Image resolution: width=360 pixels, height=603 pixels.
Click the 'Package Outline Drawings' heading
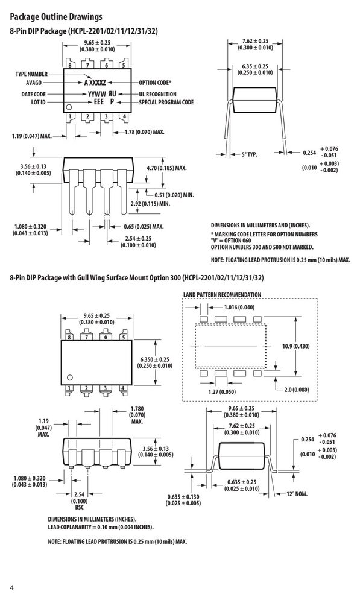56,17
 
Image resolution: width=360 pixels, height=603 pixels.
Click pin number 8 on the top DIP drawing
70,65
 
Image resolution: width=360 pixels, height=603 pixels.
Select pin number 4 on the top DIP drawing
124,116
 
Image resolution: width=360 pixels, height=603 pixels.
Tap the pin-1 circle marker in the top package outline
69,107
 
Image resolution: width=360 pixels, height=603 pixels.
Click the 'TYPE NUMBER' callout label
31,74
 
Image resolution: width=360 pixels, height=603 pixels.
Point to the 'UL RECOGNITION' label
158,94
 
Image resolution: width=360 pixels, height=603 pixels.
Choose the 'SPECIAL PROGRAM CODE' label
166,103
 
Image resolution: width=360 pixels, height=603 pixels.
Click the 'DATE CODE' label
33,94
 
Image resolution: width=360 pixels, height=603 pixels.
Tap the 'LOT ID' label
39,103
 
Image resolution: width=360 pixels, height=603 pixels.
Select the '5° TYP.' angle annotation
250,154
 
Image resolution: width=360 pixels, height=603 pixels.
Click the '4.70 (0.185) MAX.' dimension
166,168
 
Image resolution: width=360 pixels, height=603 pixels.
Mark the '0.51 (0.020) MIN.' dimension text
174,195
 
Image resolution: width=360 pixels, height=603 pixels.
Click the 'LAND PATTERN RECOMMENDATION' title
223,295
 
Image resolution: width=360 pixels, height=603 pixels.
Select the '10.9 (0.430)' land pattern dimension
295,346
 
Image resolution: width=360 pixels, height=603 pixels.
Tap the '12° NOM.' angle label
297,494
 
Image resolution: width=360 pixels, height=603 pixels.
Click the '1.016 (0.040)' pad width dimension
239,308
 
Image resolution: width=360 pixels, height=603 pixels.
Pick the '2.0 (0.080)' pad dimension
297,390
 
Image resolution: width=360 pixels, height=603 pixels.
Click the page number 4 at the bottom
11,588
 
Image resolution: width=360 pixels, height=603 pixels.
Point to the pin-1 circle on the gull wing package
69,377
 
